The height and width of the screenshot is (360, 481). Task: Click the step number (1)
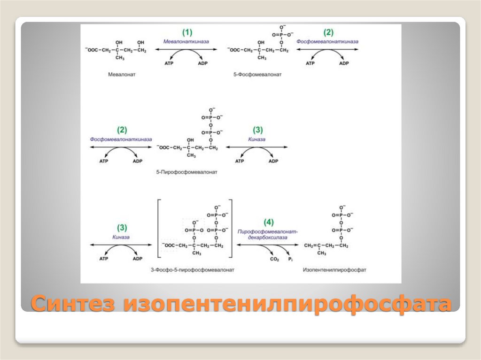click(x=187, y=32)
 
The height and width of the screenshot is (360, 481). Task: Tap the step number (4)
click(x=268, y=222)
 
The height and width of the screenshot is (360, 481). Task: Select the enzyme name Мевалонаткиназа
click(x=187, y=41)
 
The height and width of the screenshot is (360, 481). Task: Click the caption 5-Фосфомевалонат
click(x=257, y=74)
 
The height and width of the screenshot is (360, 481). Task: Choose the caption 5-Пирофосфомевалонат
click(x=187, y=172)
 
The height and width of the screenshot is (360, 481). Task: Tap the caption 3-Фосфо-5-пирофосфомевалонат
click(x=193, y=270)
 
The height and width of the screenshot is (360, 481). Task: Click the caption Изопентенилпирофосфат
click(x=334, y=270)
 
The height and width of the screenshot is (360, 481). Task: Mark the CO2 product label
click(x=274, y=259)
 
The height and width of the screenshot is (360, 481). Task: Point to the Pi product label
click(x=290, y=259)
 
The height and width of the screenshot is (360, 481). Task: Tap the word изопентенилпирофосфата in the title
click(x=287, y=304)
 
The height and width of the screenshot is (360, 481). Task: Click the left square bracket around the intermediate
click(x=159, y=228)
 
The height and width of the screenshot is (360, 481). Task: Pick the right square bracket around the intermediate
click(x=231, y=228)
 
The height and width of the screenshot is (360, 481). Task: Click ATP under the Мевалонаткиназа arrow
click(x=169, y=63)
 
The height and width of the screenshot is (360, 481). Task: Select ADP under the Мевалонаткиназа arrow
click(x=202, y=63)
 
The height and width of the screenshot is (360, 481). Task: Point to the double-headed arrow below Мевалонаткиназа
click(x=187, y=49)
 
